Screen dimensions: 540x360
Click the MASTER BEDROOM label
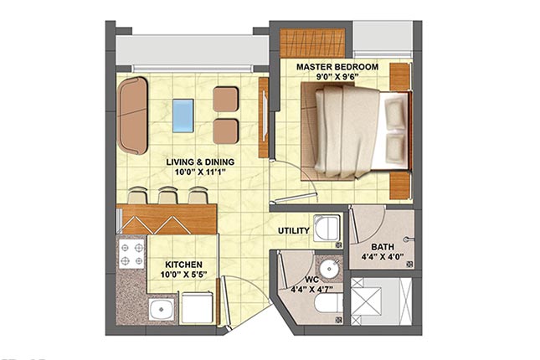(337, 67)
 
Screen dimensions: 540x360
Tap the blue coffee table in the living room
(183, 116)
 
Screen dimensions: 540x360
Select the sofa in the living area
(133, 116)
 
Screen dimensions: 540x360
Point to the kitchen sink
(162, 310)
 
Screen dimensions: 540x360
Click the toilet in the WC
(328, 303)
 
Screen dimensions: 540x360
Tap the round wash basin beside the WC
(329, 268)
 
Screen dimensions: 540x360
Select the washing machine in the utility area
(327, 229)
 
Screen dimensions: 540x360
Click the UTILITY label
(294, 231)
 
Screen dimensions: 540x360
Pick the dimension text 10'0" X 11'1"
(200, 172)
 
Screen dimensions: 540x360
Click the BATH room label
(383, 247)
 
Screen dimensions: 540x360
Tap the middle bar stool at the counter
(167, 196)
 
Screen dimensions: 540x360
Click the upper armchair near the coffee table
(225, 100)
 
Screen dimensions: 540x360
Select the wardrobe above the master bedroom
(312, 44)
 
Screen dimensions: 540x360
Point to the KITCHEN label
(183, 265)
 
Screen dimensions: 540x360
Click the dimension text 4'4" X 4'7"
(311, 290)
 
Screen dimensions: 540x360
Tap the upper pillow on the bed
(395, 109)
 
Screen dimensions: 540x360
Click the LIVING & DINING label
(200, 162)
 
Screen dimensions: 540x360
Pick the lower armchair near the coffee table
(225, 131)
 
